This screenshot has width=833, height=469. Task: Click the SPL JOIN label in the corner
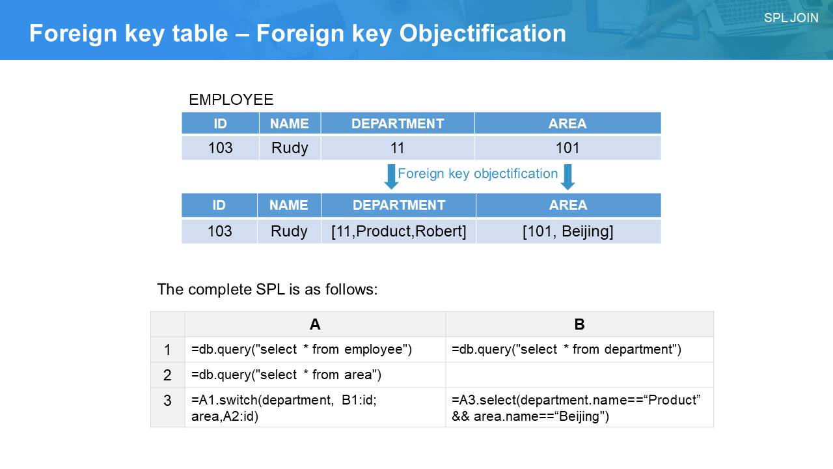[x=791, y=18]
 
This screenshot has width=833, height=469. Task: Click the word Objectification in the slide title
[x=483, y=33]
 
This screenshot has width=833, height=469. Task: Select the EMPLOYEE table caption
[x=231, y=100]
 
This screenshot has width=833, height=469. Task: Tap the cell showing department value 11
[x=398, y=148]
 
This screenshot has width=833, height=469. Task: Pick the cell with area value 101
[x=568, y=148]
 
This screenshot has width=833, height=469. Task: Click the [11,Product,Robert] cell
[x=399, y=231]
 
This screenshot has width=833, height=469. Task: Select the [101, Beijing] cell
[x=568, y=231]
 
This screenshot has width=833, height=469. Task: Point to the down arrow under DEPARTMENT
[x=391, y=177]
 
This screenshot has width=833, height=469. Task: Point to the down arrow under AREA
[x=567, y=177]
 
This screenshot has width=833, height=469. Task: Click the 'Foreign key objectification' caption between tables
[x=478, y=173]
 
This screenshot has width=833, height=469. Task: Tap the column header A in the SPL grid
[x=315, y=324]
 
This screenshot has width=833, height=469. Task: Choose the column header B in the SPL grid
[x=579, y=324]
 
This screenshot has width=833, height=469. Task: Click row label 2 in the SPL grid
[x=167, y=375]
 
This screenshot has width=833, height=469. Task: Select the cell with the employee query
[x=315, y=350]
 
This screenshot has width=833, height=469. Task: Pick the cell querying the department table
[x=579, y=350]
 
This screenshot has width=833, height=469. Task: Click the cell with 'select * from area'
[x=315, y=375]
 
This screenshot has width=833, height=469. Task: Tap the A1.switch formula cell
[x=315, y=408]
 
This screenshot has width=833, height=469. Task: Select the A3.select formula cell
[x=579, y=408]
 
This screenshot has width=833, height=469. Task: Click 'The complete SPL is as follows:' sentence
[x=267, y=289]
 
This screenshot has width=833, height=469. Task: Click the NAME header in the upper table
[x=290, y=123]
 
